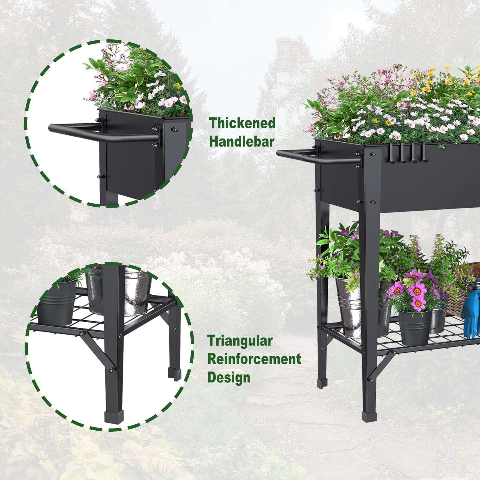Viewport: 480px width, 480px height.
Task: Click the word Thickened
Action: pos(242,123)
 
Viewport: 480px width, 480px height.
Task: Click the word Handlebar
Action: pos(242,141)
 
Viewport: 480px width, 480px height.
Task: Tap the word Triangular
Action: pos(240,341)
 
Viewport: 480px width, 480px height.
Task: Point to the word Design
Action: pos(229,378)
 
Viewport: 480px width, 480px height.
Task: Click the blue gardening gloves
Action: pos(470,315)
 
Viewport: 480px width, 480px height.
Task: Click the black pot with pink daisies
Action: pos(415,326)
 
